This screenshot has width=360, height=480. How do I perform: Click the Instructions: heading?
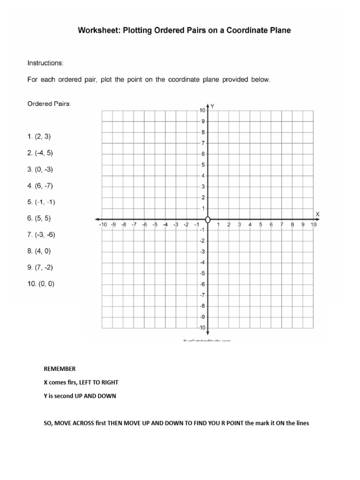click(45, 62)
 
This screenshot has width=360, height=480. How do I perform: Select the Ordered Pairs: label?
click(49, 104)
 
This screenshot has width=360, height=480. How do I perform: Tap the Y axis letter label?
click(212, 106)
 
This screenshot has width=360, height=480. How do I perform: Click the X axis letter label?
click(317, 214)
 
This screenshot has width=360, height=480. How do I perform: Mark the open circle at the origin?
click(208, 219)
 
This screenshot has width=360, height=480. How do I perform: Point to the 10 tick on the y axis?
click(202, 111)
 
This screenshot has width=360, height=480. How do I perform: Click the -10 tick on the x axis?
click(103, 225)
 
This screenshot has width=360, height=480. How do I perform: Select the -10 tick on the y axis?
click(201, 328)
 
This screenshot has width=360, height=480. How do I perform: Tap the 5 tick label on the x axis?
click(261, 225)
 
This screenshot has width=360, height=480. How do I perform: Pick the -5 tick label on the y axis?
click(202, 273)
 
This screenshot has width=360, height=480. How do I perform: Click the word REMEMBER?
click(60, 369)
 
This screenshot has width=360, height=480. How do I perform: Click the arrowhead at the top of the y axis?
click(208, 106)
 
